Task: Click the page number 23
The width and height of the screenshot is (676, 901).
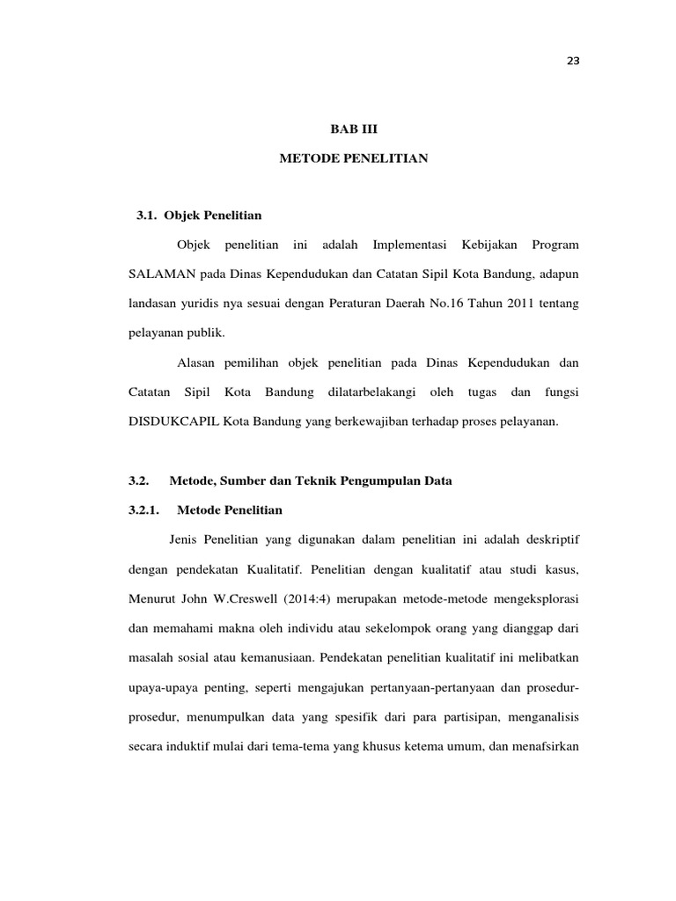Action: (x=575, y=62)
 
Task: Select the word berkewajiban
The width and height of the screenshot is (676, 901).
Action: (x=348, y=421)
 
